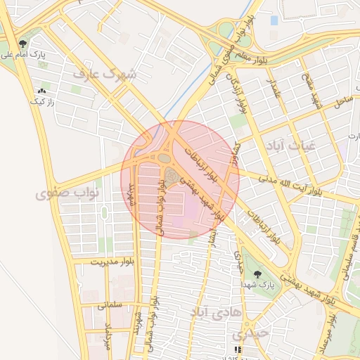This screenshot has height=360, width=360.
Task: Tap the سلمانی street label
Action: click(106, 305)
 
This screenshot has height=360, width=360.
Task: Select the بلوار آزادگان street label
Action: click(236, 89)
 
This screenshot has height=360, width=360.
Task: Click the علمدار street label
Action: click(272, 89)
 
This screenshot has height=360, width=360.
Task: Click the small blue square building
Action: click(274, 20)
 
